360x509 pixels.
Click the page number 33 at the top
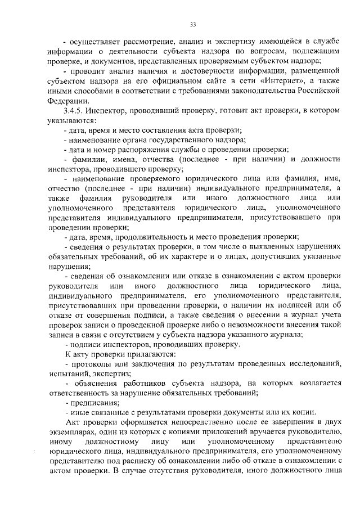pos(192,25)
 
